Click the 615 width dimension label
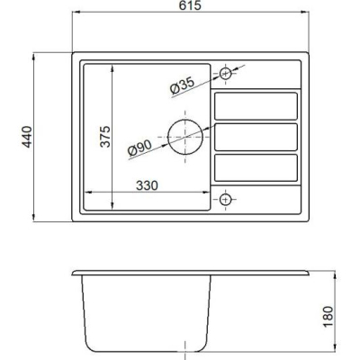pos(190,5)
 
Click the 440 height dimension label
pos(27,137)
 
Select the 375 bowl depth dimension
pos(105,137)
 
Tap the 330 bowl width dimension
pos(147,185)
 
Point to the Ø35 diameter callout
pos(183,85)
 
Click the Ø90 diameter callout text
pos(139,148)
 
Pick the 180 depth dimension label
pos(328,317)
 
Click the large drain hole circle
pos(168,137)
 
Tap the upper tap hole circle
pos(225,68)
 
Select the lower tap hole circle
pos(225,193)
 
